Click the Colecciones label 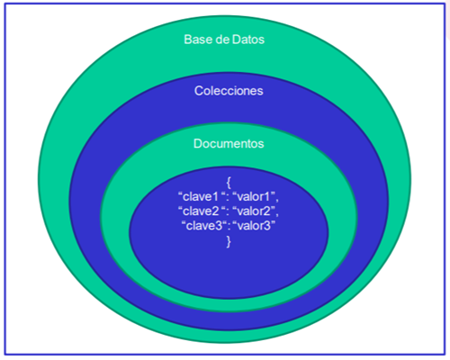point(229,91)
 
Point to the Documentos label point(229,144)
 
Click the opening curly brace point(229,182)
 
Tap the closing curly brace point(229,241)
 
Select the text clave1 point(201,197)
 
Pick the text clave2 point(201,211)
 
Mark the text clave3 point(204,226)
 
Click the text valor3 point(254,226)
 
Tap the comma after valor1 point(277,201)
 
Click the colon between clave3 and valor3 point(229,227)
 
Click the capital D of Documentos point(198,144)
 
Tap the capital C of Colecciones point(199,91)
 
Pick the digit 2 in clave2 point(215,211)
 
